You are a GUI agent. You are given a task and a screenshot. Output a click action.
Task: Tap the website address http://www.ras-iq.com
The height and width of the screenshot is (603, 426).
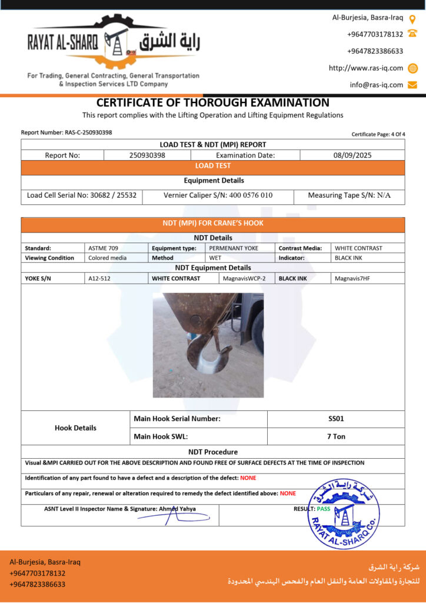[365, 68]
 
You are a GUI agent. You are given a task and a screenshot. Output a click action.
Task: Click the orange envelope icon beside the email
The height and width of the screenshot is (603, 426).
[412, 84]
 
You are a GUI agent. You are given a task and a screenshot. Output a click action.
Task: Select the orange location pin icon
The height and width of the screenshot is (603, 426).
[412, 18]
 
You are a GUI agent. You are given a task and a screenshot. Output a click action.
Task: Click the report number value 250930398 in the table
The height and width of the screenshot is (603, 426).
[147, 155]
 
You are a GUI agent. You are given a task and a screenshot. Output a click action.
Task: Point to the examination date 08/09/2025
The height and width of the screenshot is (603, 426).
[352, 155]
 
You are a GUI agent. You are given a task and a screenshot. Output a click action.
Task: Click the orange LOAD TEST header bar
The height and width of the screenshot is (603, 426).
[212, 166]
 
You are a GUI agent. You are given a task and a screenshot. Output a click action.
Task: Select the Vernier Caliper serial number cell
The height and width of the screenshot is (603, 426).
[218, 195]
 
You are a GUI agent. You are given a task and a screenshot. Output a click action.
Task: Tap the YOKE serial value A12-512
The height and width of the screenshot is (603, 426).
[99, 278]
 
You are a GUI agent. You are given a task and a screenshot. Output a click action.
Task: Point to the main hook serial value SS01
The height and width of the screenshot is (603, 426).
[335, 419]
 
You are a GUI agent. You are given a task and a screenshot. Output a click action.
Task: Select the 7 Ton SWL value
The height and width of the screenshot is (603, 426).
[335, 436]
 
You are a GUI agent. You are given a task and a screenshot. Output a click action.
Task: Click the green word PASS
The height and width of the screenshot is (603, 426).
[324, 508]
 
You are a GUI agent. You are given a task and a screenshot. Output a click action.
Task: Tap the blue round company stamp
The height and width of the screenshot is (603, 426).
[343, 513]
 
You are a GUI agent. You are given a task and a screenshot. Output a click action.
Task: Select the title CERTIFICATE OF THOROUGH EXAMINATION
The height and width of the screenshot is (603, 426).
[212, 102]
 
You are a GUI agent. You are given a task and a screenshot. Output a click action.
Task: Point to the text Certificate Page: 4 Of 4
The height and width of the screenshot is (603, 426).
[378, 134]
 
